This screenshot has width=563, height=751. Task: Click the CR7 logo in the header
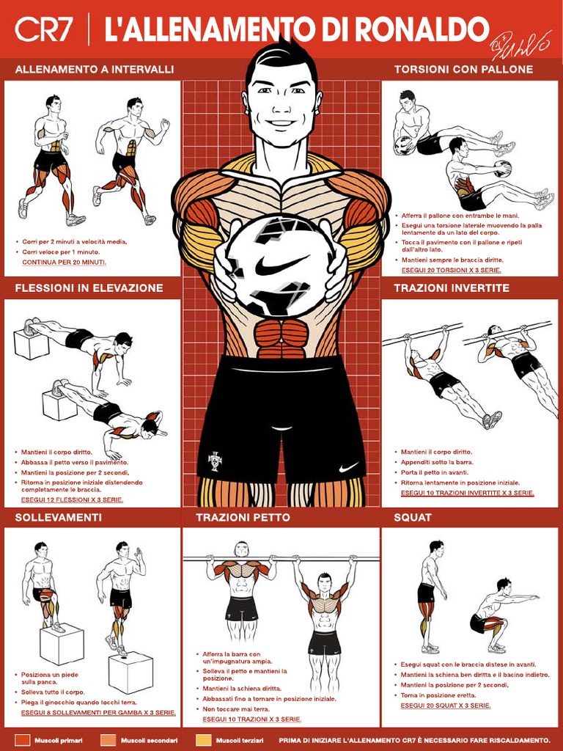[43, 29]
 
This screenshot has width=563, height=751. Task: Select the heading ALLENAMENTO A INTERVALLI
[95, 69]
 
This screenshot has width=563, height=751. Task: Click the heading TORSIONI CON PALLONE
[463, 69]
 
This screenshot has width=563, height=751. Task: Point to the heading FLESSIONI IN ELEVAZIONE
[89, 287]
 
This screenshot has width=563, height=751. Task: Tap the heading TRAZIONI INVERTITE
[452, 287]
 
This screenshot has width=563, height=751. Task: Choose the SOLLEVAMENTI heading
[58, 518]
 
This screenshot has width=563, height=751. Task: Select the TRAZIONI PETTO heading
[243, 518]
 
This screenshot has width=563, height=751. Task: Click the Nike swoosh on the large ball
[281, 265]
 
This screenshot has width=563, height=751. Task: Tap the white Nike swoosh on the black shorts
[349, 467]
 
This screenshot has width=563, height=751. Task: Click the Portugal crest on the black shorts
[215, 461]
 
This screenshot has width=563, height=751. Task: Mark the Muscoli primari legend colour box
[22, 740]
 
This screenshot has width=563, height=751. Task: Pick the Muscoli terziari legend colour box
[204, 740]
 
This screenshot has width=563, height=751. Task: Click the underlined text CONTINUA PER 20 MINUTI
[64, 263]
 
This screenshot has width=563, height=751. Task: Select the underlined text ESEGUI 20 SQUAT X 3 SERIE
[445, 706]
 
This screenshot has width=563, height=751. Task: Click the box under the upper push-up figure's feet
[31, 343]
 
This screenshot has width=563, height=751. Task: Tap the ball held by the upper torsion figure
[404, 145]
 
